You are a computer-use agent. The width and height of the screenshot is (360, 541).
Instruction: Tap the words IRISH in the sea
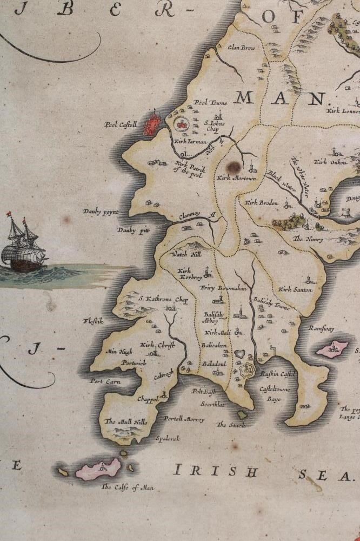(x=214, y=471)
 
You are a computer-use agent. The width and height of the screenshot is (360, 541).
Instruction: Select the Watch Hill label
(x=185, y=254)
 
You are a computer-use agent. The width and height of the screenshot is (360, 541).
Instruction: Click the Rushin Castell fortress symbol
(x=246, y=371)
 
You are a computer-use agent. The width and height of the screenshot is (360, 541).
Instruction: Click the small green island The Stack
(x=243, y=415)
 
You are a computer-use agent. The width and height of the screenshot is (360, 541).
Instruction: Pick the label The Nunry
(x=308, y=239)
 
